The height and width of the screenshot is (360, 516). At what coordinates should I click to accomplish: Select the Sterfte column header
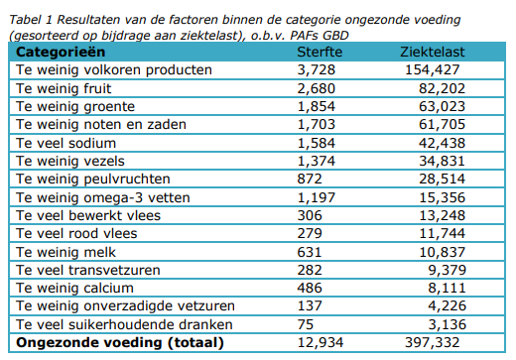point(322,51)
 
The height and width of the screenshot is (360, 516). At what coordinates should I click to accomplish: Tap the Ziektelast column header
point(434,51)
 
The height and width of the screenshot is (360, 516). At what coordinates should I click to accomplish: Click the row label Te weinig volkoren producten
point(114,69)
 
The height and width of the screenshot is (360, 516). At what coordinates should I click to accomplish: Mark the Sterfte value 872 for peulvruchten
point(311,179)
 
